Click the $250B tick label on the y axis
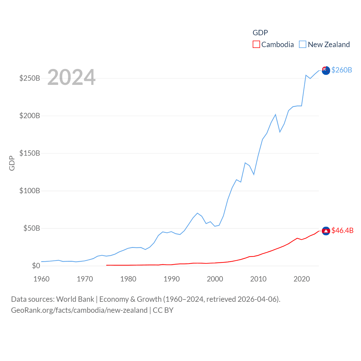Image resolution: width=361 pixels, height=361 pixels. (30, 78)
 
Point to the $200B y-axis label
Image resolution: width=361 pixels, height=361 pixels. (30, 116)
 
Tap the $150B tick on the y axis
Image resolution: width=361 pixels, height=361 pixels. (30, 153)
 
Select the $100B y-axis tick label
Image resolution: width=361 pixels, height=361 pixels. (30, 191)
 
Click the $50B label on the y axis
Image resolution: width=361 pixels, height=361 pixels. (32, 228)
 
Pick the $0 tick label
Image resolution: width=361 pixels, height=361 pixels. (36, 266)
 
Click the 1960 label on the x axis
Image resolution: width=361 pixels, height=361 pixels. (41, 279)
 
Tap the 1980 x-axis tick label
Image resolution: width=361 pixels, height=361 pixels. (128, 279)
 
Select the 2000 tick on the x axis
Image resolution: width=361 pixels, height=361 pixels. (215, 279)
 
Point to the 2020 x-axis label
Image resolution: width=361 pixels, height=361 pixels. (302, 279)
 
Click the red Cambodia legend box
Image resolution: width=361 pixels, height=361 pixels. (256, 44)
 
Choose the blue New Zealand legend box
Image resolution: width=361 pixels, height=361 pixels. (303, 44)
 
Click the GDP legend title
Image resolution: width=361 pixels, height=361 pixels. (260, 33)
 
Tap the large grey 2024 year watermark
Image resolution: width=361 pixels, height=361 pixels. (71, 77)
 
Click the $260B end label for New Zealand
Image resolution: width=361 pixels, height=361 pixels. (342, 70)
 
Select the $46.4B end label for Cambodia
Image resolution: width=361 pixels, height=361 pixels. (342, 230)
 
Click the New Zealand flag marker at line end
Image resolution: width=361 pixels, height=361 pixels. (326, 71)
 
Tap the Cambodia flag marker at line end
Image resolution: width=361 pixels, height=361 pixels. (326, 231)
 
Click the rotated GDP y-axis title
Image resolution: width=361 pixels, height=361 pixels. (12, 163)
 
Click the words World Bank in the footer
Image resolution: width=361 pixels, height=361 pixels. (75, 299)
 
